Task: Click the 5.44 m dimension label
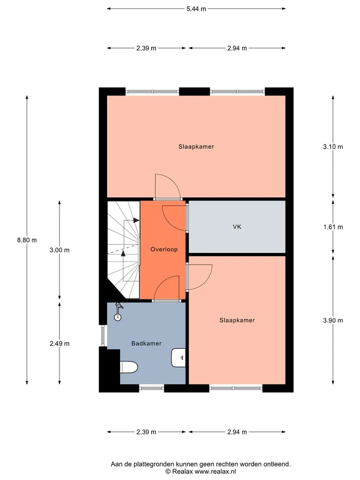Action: [196, 9]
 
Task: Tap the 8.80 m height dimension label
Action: [27, 240]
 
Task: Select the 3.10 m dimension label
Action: [333, 146]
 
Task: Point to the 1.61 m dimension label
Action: [333, 227]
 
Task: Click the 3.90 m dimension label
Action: [333, 320]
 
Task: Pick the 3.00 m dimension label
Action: [59, 250]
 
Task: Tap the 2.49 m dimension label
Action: [59, 344]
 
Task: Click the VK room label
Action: [237, 227]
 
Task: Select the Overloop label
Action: [164, 249]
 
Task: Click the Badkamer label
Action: [146, 343]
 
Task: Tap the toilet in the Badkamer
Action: [128, 367]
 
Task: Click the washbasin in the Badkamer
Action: [178, 357]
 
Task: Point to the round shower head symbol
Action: [118, 317]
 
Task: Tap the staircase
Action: [123, 249]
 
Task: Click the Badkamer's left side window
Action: [103, 336]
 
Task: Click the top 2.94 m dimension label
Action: [237, 48]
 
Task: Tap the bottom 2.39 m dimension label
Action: [146, 432]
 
